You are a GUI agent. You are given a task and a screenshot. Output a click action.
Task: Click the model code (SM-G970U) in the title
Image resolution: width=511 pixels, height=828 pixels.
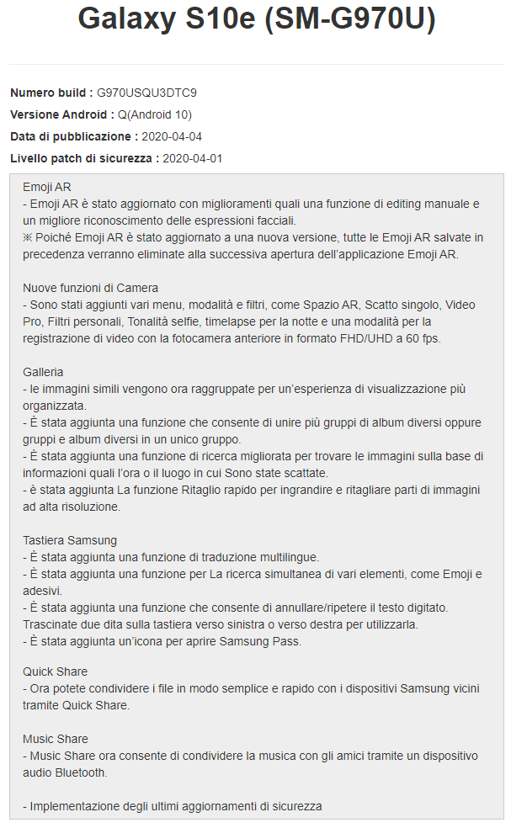tap(351, 19)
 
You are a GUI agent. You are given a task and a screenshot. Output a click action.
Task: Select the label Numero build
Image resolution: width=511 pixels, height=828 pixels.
tap(51, 93)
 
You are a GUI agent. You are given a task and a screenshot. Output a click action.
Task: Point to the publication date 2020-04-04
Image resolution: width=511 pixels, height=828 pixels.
tap(172, 136)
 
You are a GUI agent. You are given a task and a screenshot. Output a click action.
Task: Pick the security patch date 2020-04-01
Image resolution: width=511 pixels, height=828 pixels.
tap(192, 158)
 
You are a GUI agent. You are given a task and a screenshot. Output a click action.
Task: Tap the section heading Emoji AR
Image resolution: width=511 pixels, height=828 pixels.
tap(46, 187)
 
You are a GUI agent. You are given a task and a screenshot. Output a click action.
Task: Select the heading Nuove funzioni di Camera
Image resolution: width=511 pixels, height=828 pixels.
tap(91, 288)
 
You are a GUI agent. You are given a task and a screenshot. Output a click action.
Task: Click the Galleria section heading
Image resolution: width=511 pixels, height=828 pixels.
tap(43, 372)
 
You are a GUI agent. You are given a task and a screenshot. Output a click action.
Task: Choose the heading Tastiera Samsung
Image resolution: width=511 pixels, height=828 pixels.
tap(70, 540)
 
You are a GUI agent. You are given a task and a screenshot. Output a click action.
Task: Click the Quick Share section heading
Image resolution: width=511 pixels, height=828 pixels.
tap(56, 671)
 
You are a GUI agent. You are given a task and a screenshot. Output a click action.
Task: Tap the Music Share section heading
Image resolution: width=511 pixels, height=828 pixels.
tap(56, 739)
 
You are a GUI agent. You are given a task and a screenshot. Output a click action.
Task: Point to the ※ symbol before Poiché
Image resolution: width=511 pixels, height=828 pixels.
tap(28, 237)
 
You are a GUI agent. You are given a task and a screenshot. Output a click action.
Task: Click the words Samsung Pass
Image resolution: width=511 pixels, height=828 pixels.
tap(264, 641)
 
